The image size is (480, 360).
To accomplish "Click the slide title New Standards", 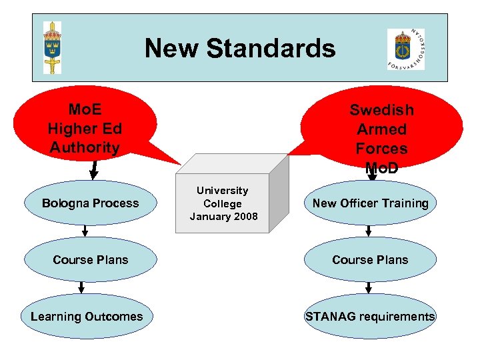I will [240, 48].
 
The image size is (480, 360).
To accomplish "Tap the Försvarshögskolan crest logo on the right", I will [405, 49].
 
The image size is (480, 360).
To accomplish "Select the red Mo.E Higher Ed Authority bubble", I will [85, 123].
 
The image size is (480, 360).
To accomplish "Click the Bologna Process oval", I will [90, 203].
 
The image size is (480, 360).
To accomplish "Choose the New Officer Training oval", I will [370, 203].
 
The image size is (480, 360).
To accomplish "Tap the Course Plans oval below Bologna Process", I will [90, 260].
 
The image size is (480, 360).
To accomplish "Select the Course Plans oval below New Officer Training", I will [370, 260].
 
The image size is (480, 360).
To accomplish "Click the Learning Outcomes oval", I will [87, 317].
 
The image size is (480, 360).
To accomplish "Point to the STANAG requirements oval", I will [370, 317].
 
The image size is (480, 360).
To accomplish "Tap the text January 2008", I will [223, 216].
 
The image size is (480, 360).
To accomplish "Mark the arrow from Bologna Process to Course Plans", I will [86, 231].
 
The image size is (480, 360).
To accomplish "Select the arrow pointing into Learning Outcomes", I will [81, 287].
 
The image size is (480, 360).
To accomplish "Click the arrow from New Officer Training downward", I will [369, 231].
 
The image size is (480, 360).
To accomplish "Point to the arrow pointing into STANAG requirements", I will [369, 287].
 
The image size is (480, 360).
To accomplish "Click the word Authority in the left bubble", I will [85, 147].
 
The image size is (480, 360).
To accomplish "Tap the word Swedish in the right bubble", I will [381, 110].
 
